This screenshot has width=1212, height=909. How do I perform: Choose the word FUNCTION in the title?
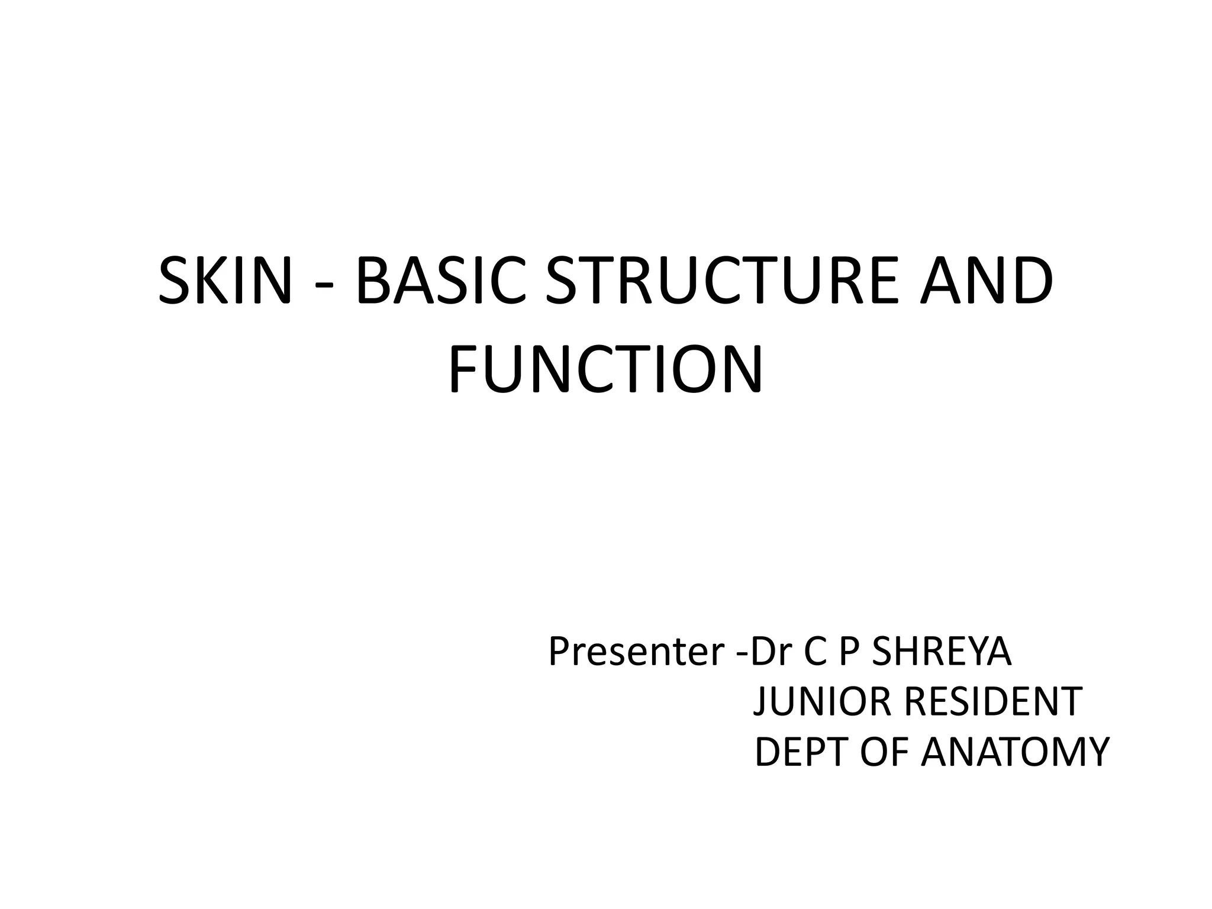pos(605,369)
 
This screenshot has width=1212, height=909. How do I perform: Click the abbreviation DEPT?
pos(802,752)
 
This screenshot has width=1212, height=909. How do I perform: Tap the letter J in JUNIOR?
pos(760,703)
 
